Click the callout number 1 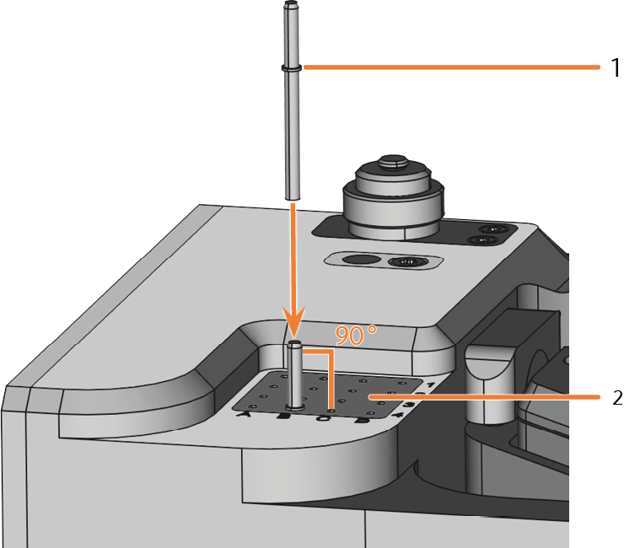pyautogui.click(x=615, y=67)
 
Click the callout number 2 pyautogui.click(x=615, y=396)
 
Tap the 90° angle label pyautogui.click(x=355, y=335)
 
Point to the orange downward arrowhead pyautogui.click(x=293, y=324)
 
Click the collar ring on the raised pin pyautogui.click(x=291, y=67)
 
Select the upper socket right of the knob pyautogui.click(x=490, y=228)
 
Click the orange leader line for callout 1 pyautogui.click(x=447, y=67)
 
